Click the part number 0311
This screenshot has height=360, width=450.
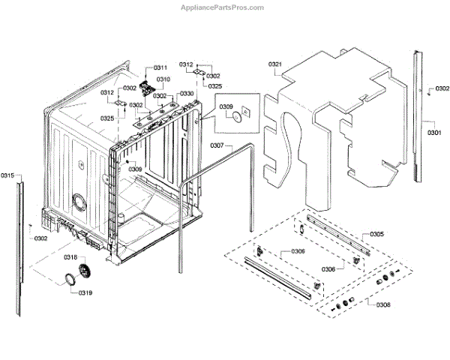(x=161, y=68)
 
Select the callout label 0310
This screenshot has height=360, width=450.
(x=163, y=79)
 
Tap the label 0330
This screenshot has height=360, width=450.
(x=187, y=94)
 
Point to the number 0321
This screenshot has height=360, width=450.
(x=274, y=65)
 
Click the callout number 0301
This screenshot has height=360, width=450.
(x=433, y=133)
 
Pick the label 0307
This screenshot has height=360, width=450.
(x=217, y=144)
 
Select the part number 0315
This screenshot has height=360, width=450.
(x=7, y=175)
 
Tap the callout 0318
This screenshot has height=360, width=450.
(x=70, y=256)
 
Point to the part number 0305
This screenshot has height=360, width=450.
(x=377, y=235)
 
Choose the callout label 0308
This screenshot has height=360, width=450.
(x=382, y=305)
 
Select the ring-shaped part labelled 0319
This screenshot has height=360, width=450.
(x=68, y=280)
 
